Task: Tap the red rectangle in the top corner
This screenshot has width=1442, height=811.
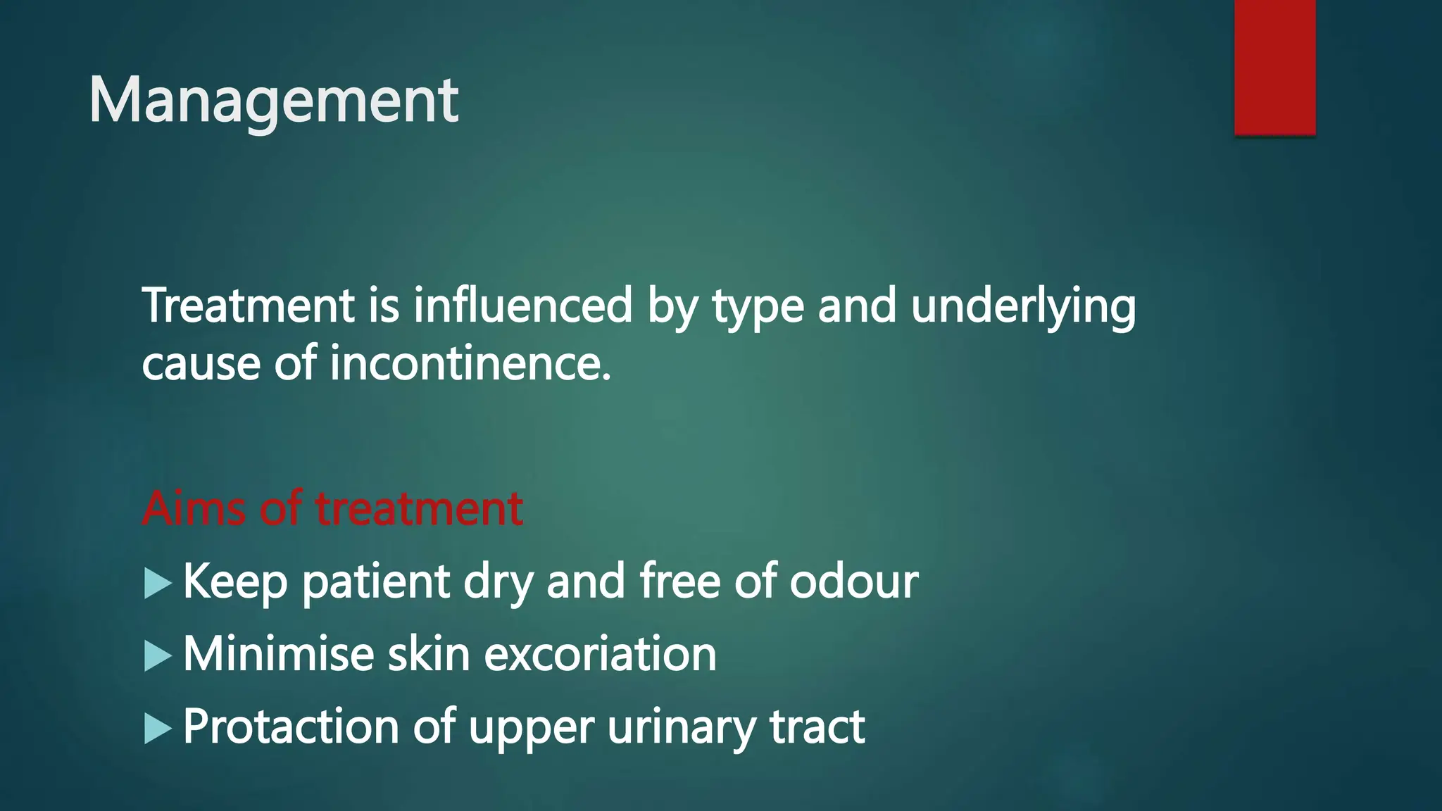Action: click(1274, 67)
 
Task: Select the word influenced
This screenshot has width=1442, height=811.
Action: click(522, 306)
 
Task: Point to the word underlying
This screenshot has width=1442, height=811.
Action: click(1022, 308)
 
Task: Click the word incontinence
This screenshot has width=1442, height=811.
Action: click(470, 364)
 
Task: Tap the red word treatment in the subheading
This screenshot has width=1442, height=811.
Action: click(419, 508)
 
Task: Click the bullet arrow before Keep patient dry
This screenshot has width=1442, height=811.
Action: click(158, 584)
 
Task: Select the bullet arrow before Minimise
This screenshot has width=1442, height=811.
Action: click(158, 656)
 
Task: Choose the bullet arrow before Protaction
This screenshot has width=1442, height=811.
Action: click(158, 728)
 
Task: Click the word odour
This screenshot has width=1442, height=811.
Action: click(853, 581)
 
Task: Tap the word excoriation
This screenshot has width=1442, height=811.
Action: click(600, 654)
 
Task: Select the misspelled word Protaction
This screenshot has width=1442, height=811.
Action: click(291, 727)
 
